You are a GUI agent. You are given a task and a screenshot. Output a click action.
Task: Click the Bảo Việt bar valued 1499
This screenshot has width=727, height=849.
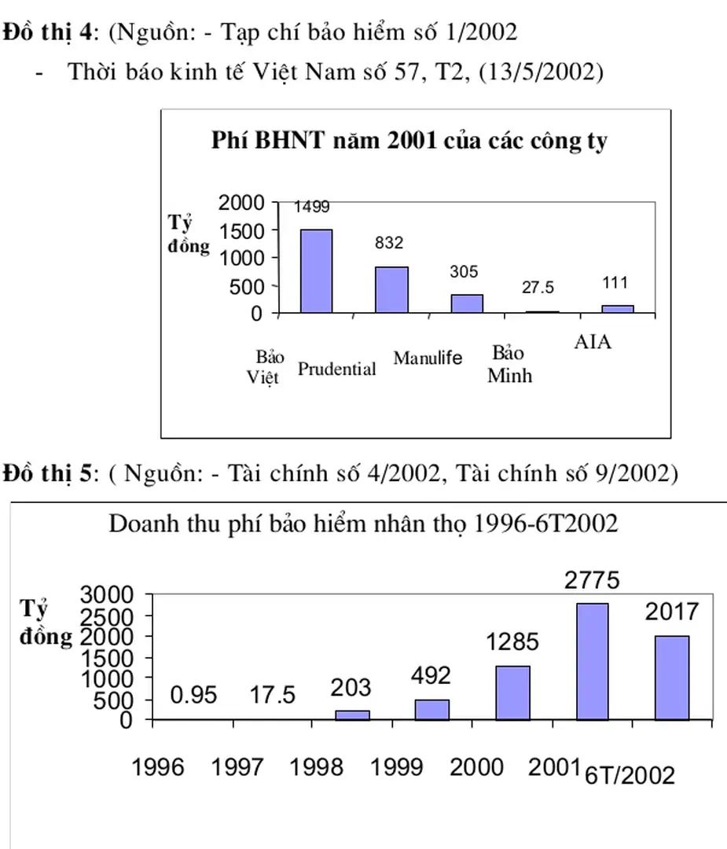[x=316, y=271]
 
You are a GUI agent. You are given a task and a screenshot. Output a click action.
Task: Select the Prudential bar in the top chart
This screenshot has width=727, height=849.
[x=391, y=289]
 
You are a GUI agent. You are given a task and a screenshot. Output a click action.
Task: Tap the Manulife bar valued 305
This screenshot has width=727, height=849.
[x=467, y=303]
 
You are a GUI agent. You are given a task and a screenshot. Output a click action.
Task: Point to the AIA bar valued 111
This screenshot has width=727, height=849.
[x=618, y=309]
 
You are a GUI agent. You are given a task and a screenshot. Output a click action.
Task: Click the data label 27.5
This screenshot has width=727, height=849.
[x=538, y=289]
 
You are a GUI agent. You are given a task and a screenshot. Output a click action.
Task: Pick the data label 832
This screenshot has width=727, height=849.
[x=388, y=244]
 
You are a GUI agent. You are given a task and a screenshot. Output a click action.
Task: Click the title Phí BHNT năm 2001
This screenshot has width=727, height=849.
[x=409, y=141]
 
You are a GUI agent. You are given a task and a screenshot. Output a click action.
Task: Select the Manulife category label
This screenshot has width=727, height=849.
[x=428, y=358]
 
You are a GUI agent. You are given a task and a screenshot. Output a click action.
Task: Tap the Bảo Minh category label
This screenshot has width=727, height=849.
[x=509, y=363]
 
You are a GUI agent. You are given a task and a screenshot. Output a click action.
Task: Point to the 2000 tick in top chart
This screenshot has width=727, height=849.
[x=241, y=203]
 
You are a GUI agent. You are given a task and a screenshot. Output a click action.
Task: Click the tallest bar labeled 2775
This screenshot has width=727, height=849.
[x=591, y=661]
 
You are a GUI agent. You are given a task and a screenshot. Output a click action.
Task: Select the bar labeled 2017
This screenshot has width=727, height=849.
[x=671, y=678]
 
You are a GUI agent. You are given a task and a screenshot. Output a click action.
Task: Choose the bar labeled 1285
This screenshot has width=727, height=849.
[x=512, y=693]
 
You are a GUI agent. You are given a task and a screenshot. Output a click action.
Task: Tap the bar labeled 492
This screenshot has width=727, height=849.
[x=431, y=709]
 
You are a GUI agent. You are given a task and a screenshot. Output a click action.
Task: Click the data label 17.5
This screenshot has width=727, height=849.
[x=273, y=696]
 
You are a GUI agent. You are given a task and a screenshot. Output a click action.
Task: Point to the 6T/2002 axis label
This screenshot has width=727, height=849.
[x=630, y=776]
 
